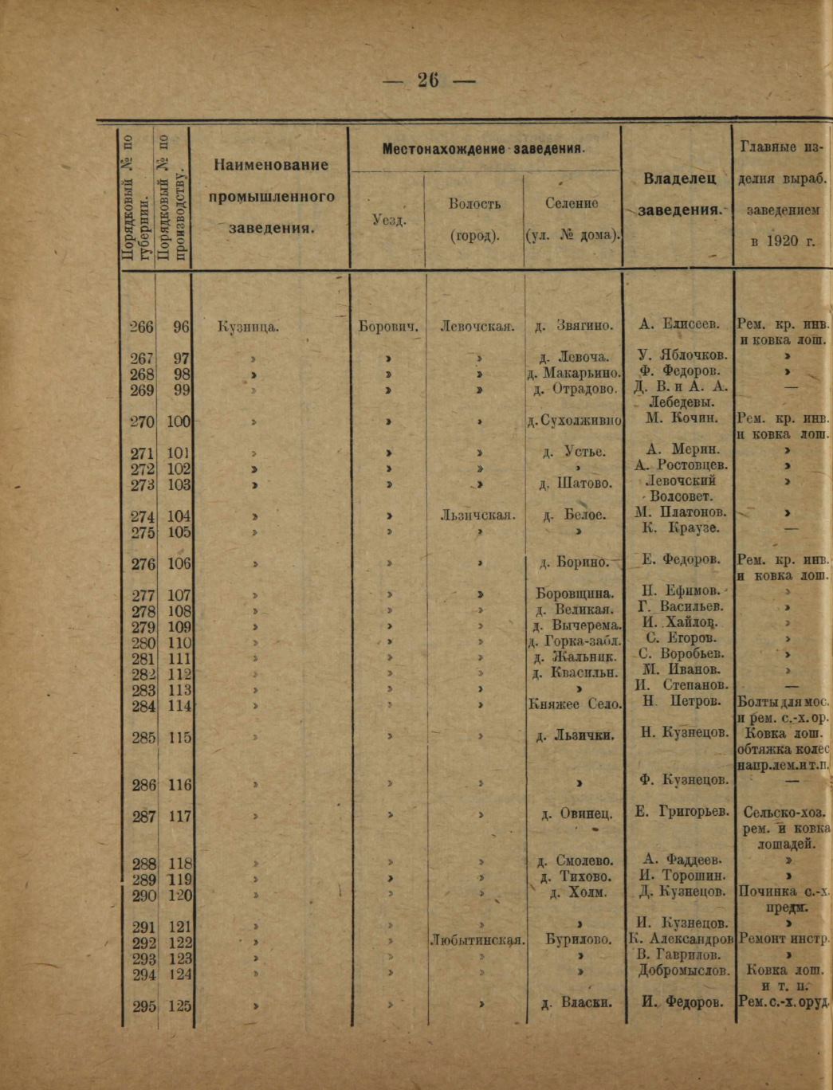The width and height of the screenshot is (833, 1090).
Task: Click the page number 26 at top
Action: tap(428, 80)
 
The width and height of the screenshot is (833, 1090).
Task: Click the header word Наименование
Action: tap(271, 165)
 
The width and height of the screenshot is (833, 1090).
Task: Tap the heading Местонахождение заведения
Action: tap(484, 149)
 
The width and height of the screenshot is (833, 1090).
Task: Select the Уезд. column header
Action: tap(389, 220)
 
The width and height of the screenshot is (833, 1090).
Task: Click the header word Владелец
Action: tap(680, 178)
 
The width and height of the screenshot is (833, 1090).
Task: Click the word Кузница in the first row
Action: tap(248, 326)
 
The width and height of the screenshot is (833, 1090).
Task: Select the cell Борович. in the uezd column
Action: tap(389, 326)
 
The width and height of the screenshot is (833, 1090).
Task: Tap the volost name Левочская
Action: tap(477, 326)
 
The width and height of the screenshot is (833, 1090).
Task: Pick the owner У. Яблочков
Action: tap(682, 355)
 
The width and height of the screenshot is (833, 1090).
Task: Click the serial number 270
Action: tap(143, 421)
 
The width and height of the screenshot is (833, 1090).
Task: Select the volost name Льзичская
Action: tap(477, 516)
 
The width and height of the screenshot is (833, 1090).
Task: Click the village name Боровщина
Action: tap(575, 594)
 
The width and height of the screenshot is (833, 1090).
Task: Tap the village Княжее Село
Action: tap(575, 704)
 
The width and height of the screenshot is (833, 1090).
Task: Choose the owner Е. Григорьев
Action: tap(682, 812)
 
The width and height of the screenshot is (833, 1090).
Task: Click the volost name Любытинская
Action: tap(477, 940)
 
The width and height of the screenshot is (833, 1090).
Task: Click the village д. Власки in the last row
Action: tap(576, 1003)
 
